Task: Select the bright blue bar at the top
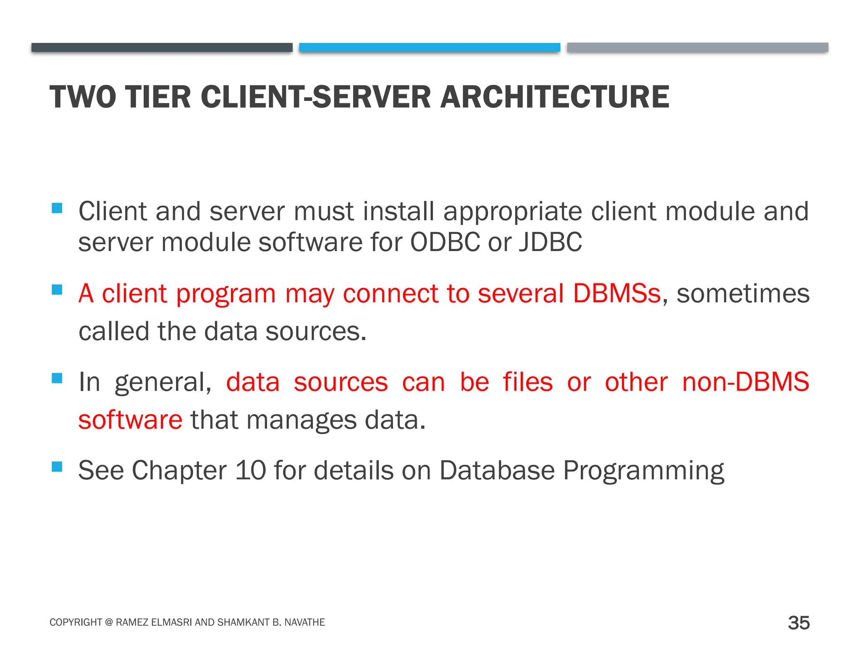point(430,47)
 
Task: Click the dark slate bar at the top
point(162,47)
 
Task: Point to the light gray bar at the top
point(697,47)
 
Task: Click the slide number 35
point(799,623)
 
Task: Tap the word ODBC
point(445,242)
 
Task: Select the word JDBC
point(551,242)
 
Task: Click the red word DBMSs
point(617,293)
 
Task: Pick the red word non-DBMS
point(745,382)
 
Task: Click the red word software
point(130,420)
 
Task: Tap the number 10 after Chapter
point(250,470)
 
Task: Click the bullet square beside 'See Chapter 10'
point(57,467)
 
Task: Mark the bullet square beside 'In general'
point(57,378)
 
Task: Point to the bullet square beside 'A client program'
point(57,290)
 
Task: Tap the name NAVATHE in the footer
point(304,622)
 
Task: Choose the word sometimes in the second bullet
point(743,293)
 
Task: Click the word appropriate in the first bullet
point(512,211)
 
